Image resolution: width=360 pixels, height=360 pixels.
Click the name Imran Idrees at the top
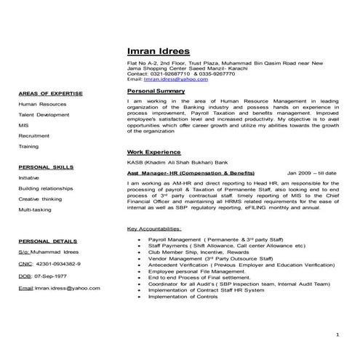coord(158,51)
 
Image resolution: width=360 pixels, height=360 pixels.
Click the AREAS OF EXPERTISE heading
coord(51,94)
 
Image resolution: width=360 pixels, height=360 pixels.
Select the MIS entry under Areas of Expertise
coord(24,125)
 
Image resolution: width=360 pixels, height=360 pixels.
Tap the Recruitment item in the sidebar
coord(34,136)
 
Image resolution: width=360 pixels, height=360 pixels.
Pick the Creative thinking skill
coord(40,199)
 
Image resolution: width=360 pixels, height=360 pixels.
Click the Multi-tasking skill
coord(35,209)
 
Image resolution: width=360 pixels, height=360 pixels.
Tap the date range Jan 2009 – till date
coord(312,173)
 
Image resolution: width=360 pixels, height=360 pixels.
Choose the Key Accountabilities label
coord(154,228)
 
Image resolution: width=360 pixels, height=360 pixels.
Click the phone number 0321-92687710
coord(171,73)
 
